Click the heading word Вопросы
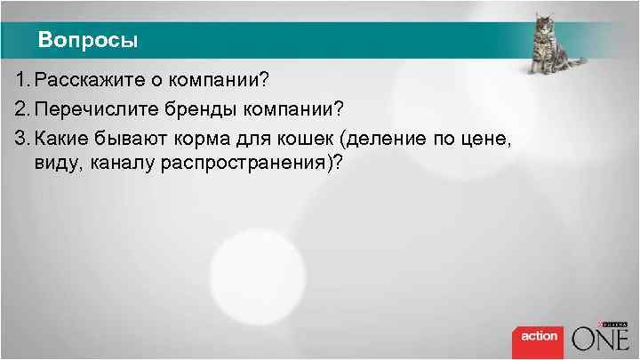click(x=88, y=41)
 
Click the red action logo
click(x=539, y=336)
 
